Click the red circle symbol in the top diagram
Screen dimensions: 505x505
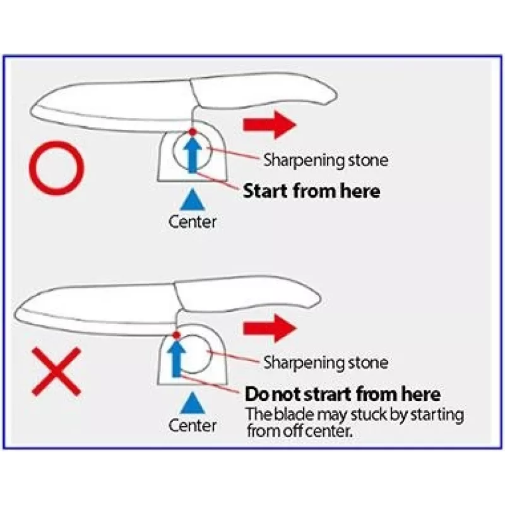[x=56, y=143]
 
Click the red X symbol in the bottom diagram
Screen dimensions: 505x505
[x=57, y=371]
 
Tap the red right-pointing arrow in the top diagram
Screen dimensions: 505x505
[x=270, y=124]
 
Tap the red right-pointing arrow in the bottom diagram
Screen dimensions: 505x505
[x=270, y=328]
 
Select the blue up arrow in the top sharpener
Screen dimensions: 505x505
[x=193, y=155]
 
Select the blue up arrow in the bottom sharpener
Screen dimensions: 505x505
[x=176, y=359]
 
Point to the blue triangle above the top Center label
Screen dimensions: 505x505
[x=193, y=200]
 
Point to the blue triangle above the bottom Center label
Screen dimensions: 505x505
[x=193, y=403]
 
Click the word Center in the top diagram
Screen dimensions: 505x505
[x=193, y=222]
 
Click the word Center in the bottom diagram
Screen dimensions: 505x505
[x=193, y=425]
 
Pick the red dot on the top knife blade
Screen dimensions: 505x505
[x=193, y=131]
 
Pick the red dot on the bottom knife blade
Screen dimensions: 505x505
[x=176, y=335]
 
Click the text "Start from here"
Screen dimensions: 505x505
[x=311, y=191]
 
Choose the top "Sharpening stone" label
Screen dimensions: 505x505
[x=326, y=160]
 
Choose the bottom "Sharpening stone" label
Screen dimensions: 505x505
[x=326, y=362]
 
